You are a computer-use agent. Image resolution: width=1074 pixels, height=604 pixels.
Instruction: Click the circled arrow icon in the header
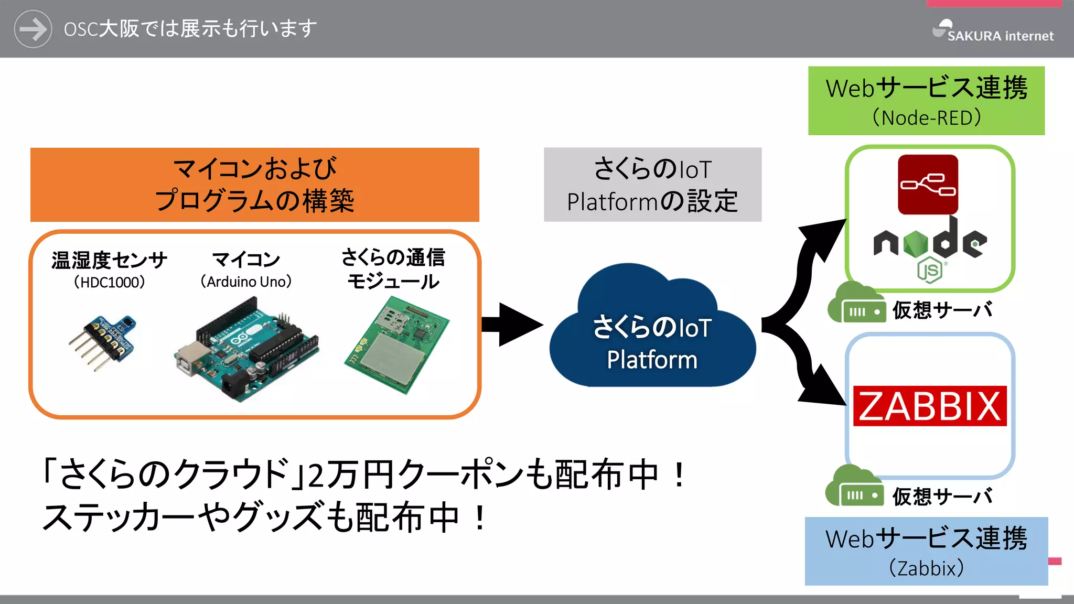tap(33, 29)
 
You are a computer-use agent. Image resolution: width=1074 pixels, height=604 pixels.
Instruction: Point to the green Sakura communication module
tap(397, 345)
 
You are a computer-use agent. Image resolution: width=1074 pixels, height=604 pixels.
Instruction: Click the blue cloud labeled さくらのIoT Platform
tap(652, 336)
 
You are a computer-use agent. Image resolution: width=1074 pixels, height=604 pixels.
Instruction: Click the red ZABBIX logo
tap(929, 406)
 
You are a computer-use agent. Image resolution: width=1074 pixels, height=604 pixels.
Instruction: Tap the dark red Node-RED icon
tap(928, 185)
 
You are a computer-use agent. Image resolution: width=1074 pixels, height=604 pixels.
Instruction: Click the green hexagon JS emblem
tap(929, 271)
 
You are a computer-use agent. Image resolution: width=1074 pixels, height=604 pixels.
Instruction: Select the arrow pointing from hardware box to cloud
tap(511, 325)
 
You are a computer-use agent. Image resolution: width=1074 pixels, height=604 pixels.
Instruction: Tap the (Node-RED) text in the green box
tap(926, 118)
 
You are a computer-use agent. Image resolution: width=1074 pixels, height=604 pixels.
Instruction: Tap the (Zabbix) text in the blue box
tap(926, 568)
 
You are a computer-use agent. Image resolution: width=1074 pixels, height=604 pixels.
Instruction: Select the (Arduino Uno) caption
tap(246, 282)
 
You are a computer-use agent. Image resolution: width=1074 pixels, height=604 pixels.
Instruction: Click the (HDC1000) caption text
tap(109, 283)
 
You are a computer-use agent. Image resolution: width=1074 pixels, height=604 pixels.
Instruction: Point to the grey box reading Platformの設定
tap(652, 185)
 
